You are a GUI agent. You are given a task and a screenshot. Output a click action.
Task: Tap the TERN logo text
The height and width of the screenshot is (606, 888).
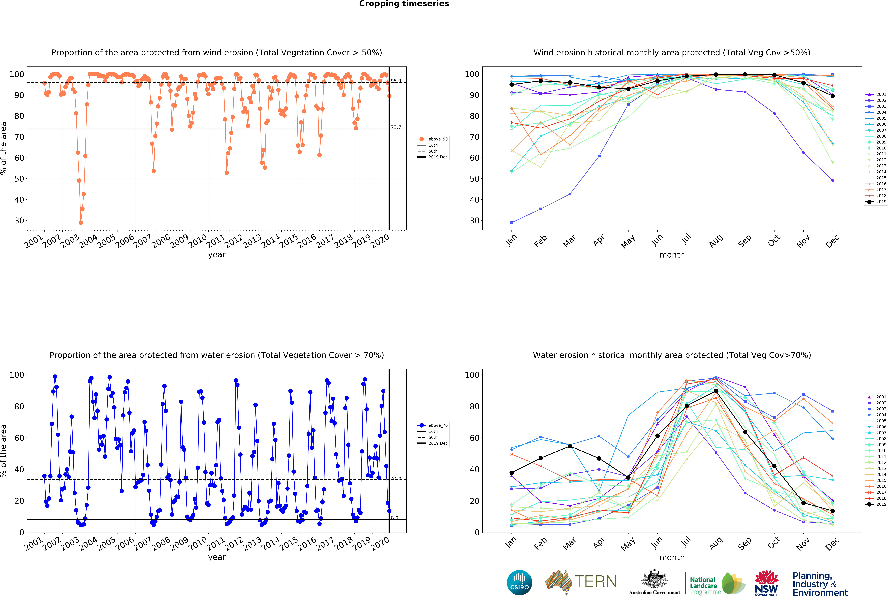pos(595,582)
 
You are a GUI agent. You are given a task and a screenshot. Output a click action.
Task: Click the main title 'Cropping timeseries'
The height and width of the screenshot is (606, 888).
pos(404,4)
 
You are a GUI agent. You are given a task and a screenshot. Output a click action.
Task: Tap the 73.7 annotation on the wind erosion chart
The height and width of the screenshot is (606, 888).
pos(396,127)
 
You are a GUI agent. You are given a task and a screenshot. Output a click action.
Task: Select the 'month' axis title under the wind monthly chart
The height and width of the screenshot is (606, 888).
pos(672,255)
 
